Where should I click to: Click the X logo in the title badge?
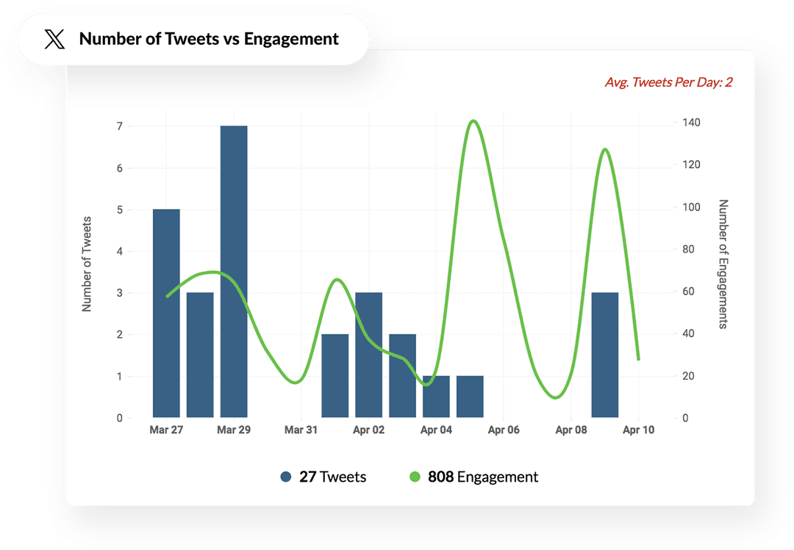click(x=54, y=40)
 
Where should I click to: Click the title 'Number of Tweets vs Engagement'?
click(x=209, y=39)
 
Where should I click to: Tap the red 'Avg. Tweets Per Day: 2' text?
click(x=668, y=82)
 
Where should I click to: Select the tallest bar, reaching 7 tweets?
click(x=234, y=272)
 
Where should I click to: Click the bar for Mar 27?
click(x=166, y=314)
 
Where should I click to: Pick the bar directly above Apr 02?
click(x=368, y=355)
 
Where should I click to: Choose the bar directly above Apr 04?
click(x=436, y=397)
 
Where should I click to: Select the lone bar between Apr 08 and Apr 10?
click(x=604, y=355)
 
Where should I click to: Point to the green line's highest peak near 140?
click(x=473, y=121)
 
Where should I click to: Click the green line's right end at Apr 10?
click(x=638, y=359)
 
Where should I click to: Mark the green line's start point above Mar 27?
click(x=167, y=297)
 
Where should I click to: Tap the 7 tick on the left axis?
click(x=118, y=126)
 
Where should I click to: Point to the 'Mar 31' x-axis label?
click(x=301, y=430)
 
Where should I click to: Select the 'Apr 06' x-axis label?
click(x=504, y=430)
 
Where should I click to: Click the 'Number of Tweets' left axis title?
click(x=87, y=264)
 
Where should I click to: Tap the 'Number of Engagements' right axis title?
click(x=723, y=264)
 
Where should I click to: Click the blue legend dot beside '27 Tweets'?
click(x=286, y=477)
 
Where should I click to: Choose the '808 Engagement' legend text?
click(x=482, y=477)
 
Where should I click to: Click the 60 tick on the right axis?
click(x=687, y=292)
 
